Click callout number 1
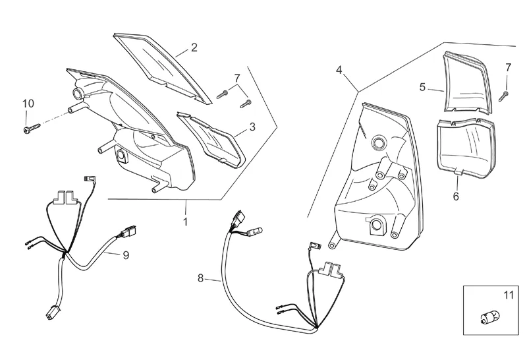point(185,222)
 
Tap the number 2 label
point(194,47)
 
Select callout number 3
point(252,127)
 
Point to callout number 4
point(339,69)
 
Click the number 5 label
point(422,86)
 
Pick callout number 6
point(456,196)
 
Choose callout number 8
point(201,278)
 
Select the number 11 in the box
point(507,296)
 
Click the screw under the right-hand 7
point(503,94)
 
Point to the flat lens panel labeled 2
point(164,65)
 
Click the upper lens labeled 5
point(468,82)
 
